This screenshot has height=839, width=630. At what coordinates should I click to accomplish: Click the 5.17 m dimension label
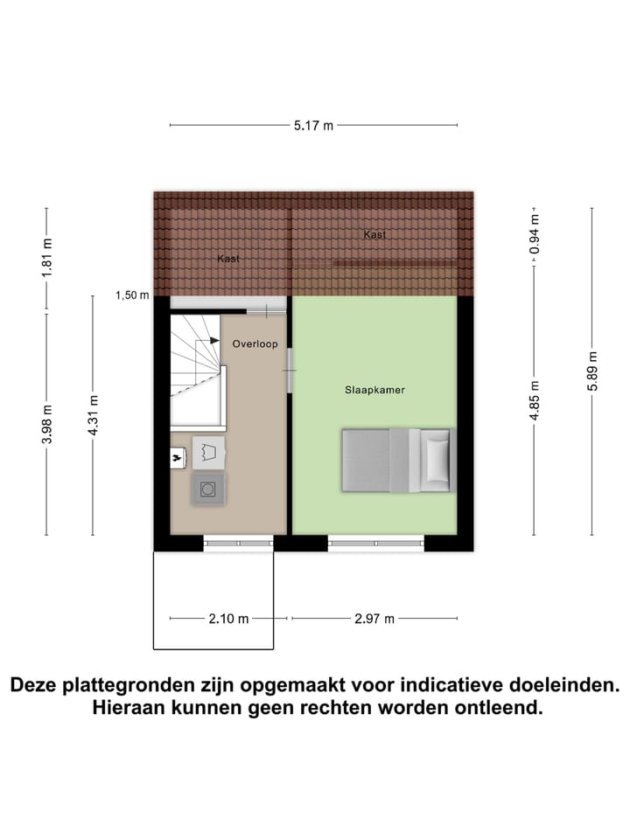click(314, 126)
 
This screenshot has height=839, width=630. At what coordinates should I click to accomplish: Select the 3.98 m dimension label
click(47, 424)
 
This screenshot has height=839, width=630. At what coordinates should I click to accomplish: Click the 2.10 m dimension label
click(228, 619)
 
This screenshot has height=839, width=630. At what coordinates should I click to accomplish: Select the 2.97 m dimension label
click(374, 619)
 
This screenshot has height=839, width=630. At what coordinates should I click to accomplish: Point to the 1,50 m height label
click(132, 295)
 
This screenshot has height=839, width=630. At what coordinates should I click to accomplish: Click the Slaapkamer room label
click(374, 391)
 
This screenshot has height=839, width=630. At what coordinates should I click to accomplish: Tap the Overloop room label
click(255, 344)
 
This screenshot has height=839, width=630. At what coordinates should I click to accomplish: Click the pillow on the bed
click(437, 460)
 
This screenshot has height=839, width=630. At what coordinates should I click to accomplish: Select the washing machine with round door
click(208, 489)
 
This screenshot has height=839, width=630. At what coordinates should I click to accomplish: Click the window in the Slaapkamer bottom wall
click(376, 543)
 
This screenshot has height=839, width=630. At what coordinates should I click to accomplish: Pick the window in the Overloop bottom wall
click(239, 543)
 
